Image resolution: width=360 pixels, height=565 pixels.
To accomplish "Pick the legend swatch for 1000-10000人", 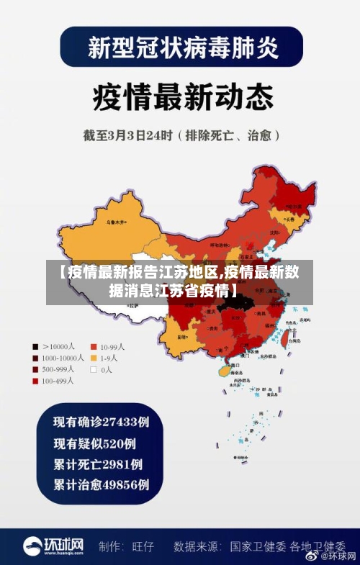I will pos(35,357).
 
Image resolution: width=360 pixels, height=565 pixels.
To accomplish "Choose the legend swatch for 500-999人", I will pos(35,369).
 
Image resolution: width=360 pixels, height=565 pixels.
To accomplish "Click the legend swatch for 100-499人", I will pos(35,381).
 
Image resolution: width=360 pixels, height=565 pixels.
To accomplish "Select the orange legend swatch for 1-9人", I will pos(94,357).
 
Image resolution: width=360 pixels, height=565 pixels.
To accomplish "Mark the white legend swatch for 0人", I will pos(94,369).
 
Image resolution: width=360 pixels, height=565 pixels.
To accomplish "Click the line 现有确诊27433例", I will pos(102,420).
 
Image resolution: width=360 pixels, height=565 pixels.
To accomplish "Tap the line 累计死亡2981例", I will pos(98,464).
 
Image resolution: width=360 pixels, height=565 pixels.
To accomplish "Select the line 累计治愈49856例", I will pos(102,486).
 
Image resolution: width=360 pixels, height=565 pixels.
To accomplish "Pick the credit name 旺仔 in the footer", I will pos(143,546).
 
